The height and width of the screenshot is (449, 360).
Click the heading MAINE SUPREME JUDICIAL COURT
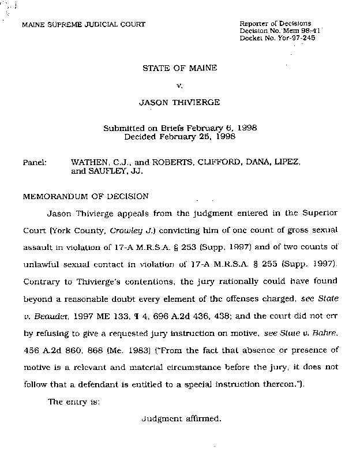[x=84, y=24]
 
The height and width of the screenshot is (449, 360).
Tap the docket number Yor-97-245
[x=295, y=38]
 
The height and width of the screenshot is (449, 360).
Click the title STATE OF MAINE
[x=179, y=68]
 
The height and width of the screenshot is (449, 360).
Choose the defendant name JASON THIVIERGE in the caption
[x=179, y=103]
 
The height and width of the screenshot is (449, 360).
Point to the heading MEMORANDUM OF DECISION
[x=85, y=196]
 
